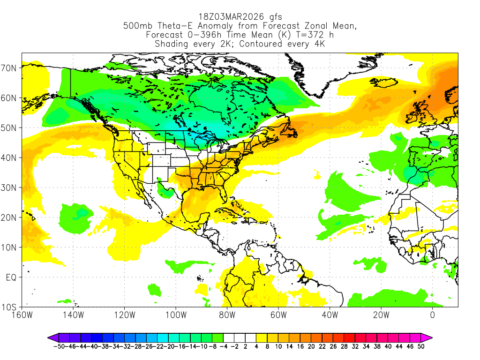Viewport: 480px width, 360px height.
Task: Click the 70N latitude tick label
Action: (10, 68)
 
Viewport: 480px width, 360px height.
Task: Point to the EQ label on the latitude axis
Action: (11, 277)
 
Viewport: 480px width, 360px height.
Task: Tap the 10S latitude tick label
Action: (10, 307)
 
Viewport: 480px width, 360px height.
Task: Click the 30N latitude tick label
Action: (10, 187)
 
